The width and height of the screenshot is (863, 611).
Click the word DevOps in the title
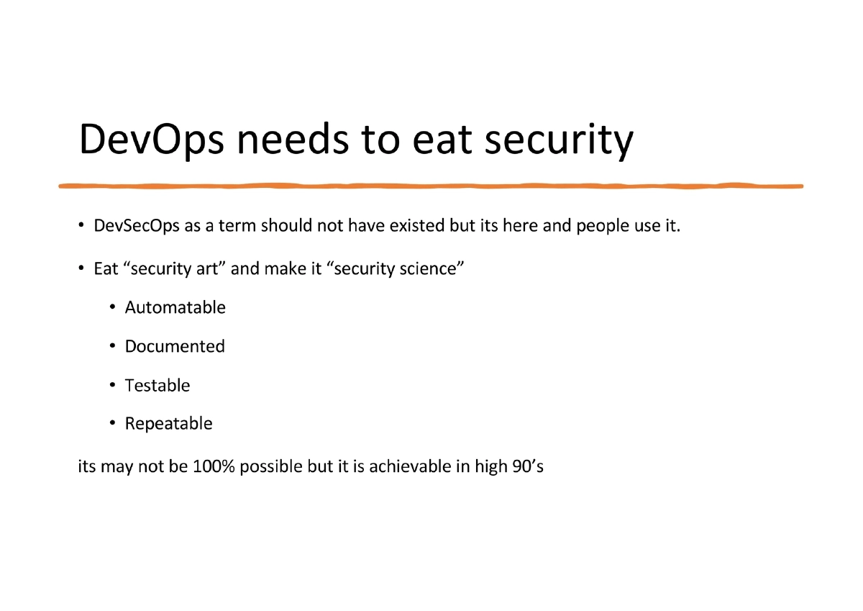[x=151, y=140]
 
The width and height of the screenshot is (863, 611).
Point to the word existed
[x=417, y=226]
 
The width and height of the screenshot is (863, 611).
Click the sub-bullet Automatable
[x=175, y=308]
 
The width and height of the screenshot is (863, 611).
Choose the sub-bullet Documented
[x=175, y=347]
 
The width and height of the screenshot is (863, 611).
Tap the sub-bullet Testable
[x=157, y=386]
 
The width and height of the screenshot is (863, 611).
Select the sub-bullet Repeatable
[x=168, y=424]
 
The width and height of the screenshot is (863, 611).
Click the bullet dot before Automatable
[x=113, y=308]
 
